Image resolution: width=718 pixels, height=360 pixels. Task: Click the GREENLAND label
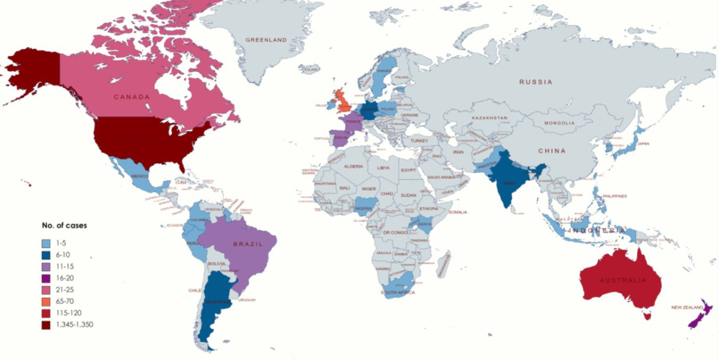pos(266,40)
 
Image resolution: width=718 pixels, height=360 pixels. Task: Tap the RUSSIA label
pos(536,82)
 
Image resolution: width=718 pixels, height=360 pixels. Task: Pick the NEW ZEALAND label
pos(686,307)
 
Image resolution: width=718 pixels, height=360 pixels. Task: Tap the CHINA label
pos(552,151)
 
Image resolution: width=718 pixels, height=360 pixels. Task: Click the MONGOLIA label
pos(559,123)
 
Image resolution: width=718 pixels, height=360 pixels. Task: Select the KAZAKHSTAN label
pos(489,118)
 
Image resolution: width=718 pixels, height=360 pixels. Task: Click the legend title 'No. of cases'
pos(64,225)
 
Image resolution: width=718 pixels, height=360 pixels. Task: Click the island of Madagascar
pos(444,263)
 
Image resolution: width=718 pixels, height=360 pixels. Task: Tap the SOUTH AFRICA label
pos(398,292)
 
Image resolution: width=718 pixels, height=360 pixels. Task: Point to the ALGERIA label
pos(354,166)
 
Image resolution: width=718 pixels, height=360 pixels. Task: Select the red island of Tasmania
pos(646,315)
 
